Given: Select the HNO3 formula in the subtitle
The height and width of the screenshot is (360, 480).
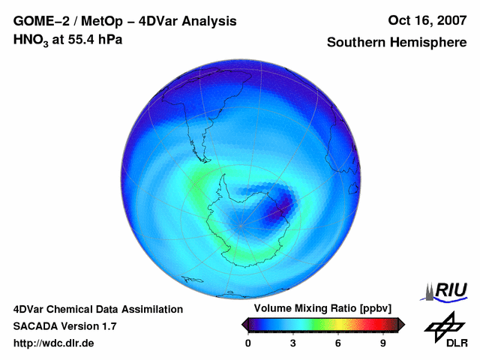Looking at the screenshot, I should pyautogui.click(x=30, y=40).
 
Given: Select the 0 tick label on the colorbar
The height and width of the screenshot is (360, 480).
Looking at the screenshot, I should pyautogui.click(x=248, y=343).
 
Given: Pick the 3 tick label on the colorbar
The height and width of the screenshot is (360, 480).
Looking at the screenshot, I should pyautogui.click(x=293, y=343).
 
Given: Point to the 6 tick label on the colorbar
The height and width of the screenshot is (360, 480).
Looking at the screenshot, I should pyautogui.click(x=338, y=343).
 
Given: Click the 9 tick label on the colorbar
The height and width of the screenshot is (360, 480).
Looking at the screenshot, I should pyautogui.click(x=383, y=343).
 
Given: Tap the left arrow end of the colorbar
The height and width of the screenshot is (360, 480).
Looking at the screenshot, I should pyautogui.click(x=244, y=324).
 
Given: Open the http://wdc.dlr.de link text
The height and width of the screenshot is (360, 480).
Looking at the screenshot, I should pyautogui.click(x=54, y=343).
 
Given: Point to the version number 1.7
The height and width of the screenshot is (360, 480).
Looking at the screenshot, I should pyautogui.click(x=107, y=326).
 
